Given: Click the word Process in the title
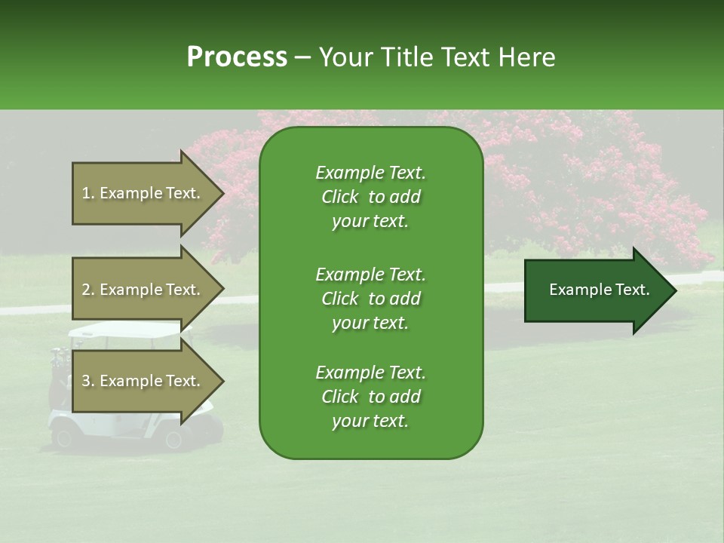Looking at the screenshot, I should point(237,57).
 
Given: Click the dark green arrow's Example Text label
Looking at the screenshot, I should point(599,290).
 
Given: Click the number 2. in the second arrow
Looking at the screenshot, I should point(88,290).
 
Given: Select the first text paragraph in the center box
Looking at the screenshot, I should point(370,197).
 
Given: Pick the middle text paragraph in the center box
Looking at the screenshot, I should point(370,299).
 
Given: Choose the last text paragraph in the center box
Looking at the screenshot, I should point(370,397).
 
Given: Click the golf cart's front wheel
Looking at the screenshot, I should point(173,438).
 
